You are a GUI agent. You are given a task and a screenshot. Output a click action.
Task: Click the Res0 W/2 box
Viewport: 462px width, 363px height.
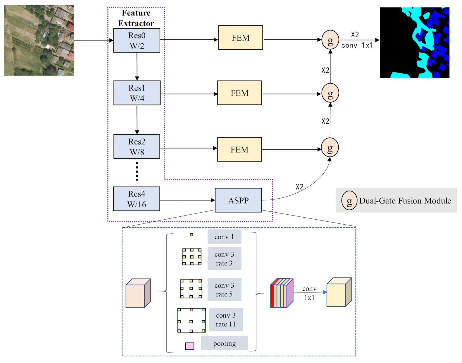click(x=137, y=40)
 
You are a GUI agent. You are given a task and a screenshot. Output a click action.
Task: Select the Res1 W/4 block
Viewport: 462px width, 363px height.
click(x=137, y=93)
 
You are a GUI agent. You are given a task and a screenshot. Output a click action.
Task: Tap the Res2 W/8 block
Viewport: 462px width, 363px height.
click(x=137, y=147)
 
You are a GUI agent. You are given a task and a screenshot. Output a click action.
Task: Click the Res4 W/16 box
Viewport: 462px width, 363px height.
click(x=137, y=199)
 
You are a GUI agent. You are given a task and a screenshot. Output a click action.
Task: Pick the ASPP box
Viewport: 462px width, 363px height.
click(x=238, y=200)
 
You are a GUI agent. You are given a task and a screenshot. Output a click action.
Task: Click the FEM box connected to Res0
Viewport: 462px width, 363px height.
click(x=240, y=38)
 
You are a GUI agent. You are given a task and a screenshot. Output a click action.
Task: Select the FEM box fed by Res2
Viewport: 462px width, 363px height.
click(x=239, y=150)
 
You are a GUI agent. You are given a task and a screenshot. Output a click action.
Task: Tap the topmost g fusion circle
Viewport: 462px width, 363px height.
click(x=330, y=40)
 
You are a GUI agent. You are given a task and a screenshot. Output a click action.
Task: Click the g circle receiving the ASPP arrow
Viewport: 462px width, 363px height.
click(x=330, y=147)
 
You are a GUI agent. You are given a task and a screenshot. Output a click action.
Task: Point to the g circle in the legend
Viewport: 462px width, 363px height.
click(x=349, y=200)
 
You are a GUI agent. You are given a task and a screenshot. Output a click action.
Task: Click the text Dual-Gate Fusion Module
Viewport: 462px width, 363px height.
click(x=405, y=201)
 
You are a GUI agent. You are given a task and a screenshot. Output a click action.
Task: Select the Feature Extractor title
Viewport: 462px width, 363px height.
click(x=136, y=18)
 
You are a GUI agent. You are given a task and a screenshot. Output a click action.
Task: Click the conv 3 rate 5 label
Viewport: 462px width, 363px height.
click(x=224, y=289)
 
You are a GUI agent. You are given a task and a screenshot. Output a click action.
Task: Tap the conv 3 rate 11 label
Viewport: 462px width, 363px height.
click(x=226, y=319)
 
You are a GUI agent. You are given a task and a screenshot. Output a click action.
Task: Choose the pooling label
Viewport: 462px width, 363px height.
click(x=224, y=343)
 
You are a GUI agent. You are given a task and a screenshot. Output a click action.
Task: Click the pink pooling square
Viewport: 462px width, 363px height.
click(x=189, y=346)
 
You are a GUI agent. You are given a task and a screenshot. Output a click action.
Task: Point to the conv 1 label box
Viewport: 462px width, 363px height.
click(x=224, y=237)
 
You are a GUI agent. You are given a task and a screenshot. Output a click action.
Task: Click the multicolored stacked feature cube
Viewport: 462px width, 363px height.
click(x=281, y=293)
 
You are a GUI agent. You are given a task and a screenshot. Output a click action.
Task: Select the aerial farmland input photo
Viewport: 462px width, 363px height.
click(x=39, y=40)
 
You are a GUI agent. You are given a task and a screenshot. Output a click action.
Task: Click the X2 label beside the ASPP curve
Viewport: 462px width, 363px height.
click(x=299, y=187)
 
